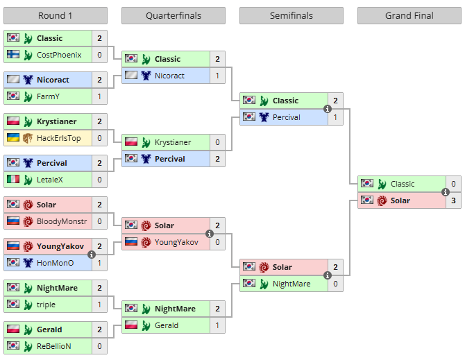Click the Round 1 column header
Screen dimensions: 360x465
56,16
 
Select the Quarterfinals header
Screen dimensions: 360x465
174,16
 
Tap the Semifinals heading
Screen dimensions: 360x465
291,16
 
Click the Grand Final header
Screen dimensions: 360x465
409,16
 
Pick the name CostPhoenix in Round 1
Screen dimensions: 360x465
59,55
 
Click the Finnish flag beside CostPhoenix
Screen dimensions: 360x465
13,55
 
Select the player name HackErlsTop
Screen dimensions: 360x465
59,138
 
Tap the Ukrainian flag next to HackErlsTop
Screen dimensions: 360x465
13,138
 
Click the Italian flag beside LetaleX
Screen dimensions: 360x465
13,180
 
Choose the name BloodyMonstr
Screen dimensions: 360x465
62,221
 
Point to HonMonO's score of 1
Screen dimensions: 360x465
99,263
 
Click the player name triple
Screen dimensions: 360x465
46,305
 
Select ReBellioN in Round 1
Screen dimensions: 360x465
54,346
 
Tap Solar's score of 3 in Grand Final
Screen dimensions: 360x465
453,200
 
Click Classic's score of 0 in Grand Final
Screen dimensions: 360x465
453,184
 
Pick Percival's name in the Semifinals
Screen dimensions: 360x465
287,117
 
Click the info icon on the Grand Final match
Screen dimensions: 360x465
446,192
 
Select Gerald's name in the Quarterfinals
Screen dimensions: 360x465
167,325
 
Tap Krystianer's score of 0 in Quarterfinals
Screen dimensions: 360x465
217,142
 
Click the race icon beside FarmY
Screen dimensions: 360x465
28,96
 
